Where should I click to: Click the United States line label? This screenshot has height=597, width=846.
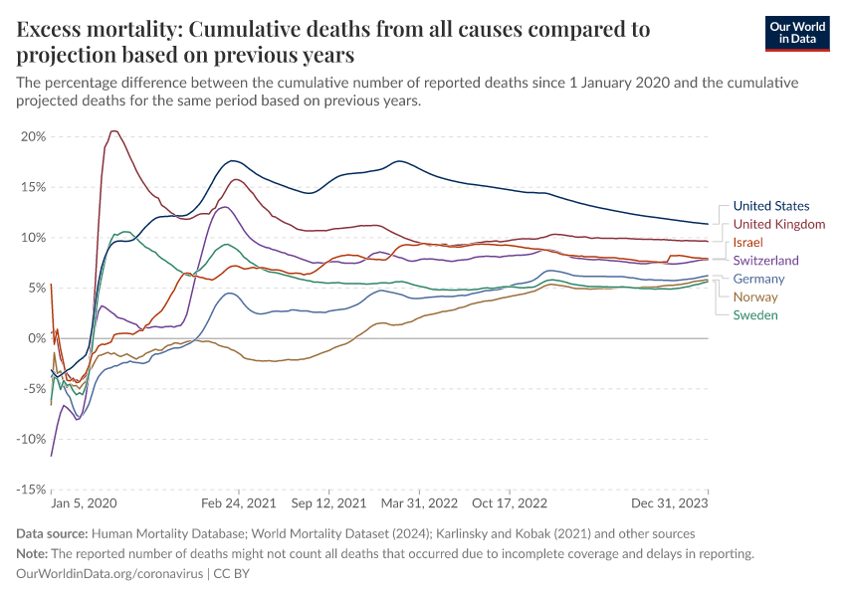point(771,206)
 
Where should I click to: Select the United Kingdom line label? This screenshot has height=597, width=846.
point(779,224)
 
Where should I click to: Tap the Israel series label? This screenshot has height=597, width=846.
point(747,243)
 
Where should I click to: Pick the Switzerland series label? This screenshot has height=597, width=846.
point(765,261)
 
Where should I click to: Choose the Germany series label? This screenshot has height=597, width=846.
point(758,279)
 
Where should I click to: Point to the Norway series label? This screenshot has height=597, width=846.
point(755,297)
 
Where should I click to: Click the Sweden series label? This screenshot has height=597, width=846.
point(755,315)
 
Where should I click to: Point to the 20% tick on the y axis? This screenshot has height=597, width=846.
point(33,136)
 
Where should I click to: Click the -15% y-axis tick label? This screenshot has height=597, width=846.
point(31,489)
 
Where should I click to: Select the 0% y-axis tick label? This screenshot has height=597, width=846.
point(36,338)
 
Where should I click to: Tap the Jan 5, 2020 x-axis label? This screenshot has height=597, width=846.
point(84,504)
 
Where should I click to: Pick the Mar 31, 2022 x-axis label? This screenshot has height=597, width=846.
point(422,504)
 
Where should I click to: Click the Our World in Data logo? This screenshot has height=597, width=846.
point(796,33)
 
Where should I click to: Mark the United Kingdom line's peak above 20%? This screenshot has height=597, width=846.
point(113,131)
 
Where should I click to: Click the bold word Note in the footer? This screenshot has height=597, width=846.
point(34,554)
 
